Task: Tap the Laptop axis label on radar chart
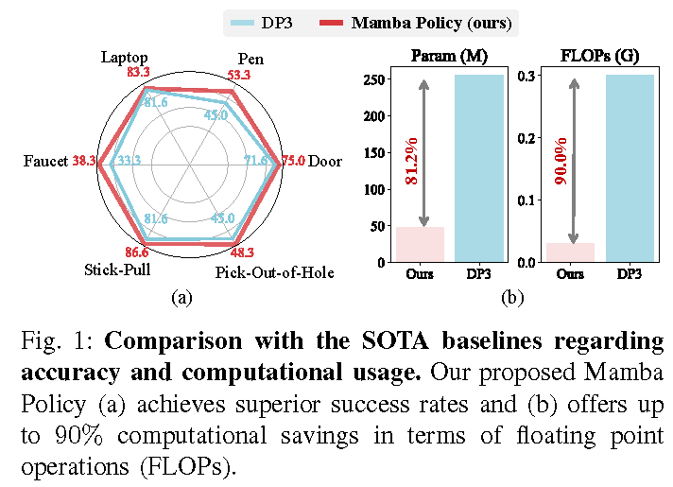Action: click(125, 58)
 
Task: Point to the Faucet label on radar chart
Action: click(45, 162)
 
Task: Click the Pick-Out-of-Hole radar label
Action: click(274, 273)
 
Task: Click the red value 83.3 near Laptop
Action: click(139, 72)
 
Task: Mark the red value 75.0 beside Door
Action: click(294, 161)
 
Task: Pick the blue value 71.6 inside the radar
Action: click(256, 161)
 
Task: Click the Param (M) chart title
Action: click(449, 56)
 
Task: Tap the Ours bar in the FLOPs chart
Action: click(570, 252)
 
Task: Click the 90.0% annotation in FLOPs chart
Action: click(561, 161)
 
